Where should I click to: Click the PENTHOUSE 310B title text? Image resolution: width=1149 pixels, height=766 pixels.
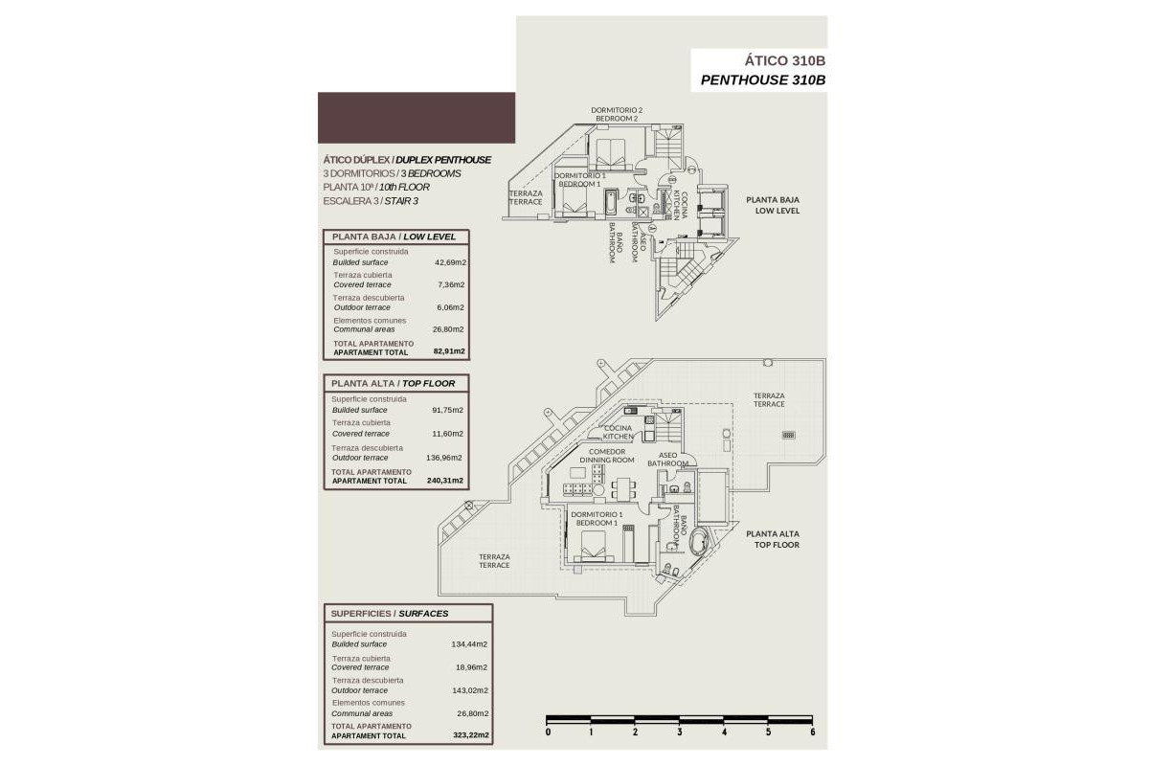pos(762,80)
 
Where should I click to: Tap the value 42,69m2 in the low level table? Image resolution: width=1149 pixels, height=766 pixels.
pos(449,262)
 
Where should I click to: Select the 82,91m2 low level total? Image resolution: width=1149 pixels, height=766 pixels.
pos(449,352)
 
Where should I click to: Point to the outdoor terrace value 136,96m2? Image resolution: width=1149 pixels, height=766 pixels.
pos(445,458)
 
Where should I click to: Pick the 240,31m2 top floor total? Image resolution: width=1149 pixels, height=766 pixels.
pos(445,481)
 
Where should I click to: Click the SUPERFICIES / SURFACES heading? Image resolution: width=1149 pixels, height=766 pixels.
pos(389,613)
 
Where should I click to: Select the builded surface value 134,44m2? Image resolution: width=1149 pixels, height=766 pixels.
pos(470,644)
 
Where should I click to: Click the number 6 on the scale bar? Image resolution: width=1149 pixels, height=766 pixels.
pos(811,732)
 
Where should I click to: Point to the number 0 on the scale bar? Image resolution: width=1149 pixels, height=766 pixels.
pos(548,732)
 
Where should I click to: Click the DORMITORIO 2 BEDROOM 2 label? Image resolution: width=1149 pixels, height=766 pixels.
pos(616,114)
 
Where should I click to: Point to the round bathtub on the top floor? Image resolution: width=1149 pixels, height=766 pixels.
pos(696,541)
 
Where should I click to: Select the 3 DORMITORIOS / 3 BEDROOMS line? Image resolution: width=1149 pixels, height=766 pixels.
pos(393,173)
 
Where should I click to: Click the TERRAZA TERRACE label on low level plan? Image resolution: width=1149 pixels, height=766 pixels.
pos(525,197)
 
